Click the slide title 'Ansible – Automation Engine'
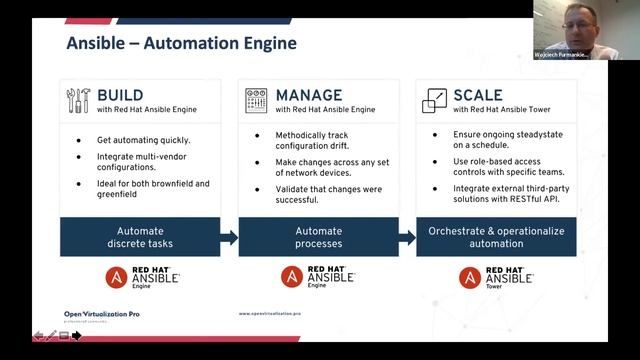pyautogui.click(x=181, y=44)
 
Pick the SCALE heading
pyautogui.click(x=477, y=95)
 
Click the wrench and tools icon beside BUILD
pyautogui.click(x=78, y=101)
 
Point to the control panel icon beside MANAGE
pyautogui.click(x=256, y=101)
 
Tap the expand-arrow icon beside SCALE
pyautogui.click(x=434, y=101)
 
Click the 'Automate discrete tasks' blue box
pyautogui.click(x=141, y=237)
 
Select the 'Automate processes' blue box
pyautogui.click(x=318, y=237)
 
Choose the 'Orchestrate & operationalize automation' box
pyautogui.click(x=496, y=237)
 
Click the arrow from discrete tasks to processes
pyautogui.click(x=230, y=238)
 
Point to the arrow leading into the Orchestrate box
pyautogui.click(x=408, y=238)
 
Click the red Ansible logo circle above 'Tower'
pyautogui.click(x=470, y=277)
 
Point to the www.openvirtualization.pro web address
pyautogui.click(x=270, y=313)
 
